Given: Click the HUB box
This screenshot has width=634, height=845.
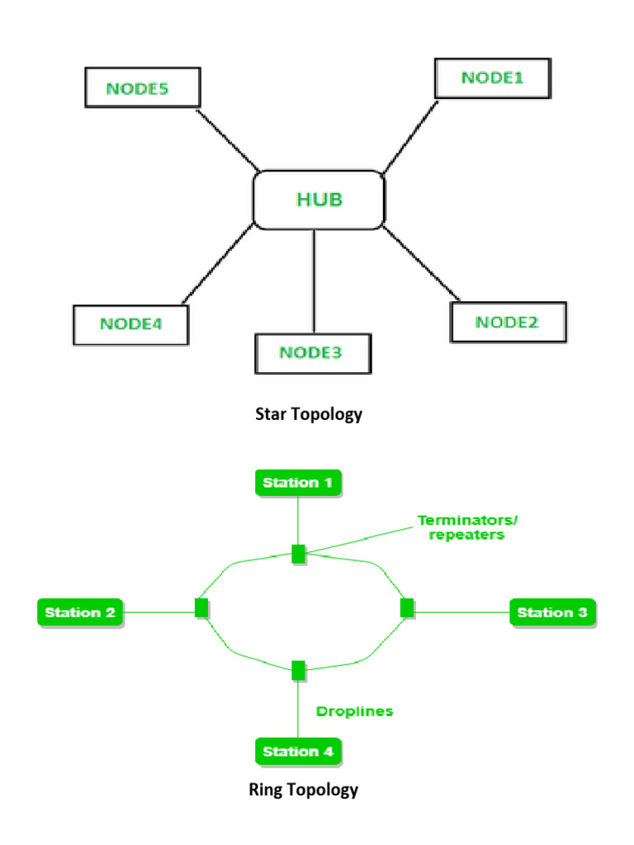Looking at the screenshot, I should tap(318, 200).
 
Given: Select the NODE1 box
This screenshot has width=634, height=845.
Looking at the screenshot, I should tap(492, 78).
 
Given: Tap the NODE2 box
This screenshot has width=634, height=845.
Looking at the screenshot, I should tap(508, 322).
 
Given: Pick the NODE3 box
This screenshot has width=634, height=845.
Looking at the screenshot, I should tap(312, 353).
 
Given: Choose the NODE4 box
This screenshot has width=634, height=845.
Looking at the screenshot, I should tap(130, 324).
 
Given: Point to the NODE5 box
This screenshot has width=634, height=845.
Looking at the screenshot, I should tap(141, 87).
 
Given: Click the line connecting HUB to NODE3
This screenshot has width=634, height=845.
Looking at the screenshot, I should tap(315, 281).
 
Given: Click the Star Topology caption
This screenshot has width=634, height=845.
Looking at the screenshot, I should tap(309, 414).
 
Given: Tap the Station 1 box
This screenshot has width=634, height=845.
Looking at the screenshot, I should tap(298, 483).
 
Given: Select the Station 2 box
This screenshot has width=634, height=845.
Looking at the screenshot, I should tap(81, 612).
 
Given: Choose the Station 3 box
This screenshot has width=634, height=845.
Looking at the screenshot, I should tap(552, 612).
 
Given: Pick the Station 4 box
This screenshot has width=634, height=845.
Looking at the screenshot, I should tap(298, 751).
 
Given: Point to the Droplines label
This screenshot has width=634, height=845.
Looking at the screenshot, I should tap(355, 711).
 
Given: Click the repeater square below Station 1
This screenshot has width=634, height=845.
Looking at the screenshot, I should tap(299, 554).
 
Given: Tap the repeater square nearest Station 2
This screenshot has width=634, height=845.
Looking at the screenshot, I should tap(201, 609).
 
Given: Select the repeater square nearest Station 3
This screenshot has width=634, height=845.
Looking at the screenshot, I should tap(406, 609).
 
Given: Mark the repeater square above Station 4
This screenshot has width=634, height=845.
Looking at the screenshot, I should tap(299, 670).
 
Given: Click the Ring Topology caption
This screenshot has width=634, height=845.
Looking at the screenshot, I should tap(304, 790).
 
